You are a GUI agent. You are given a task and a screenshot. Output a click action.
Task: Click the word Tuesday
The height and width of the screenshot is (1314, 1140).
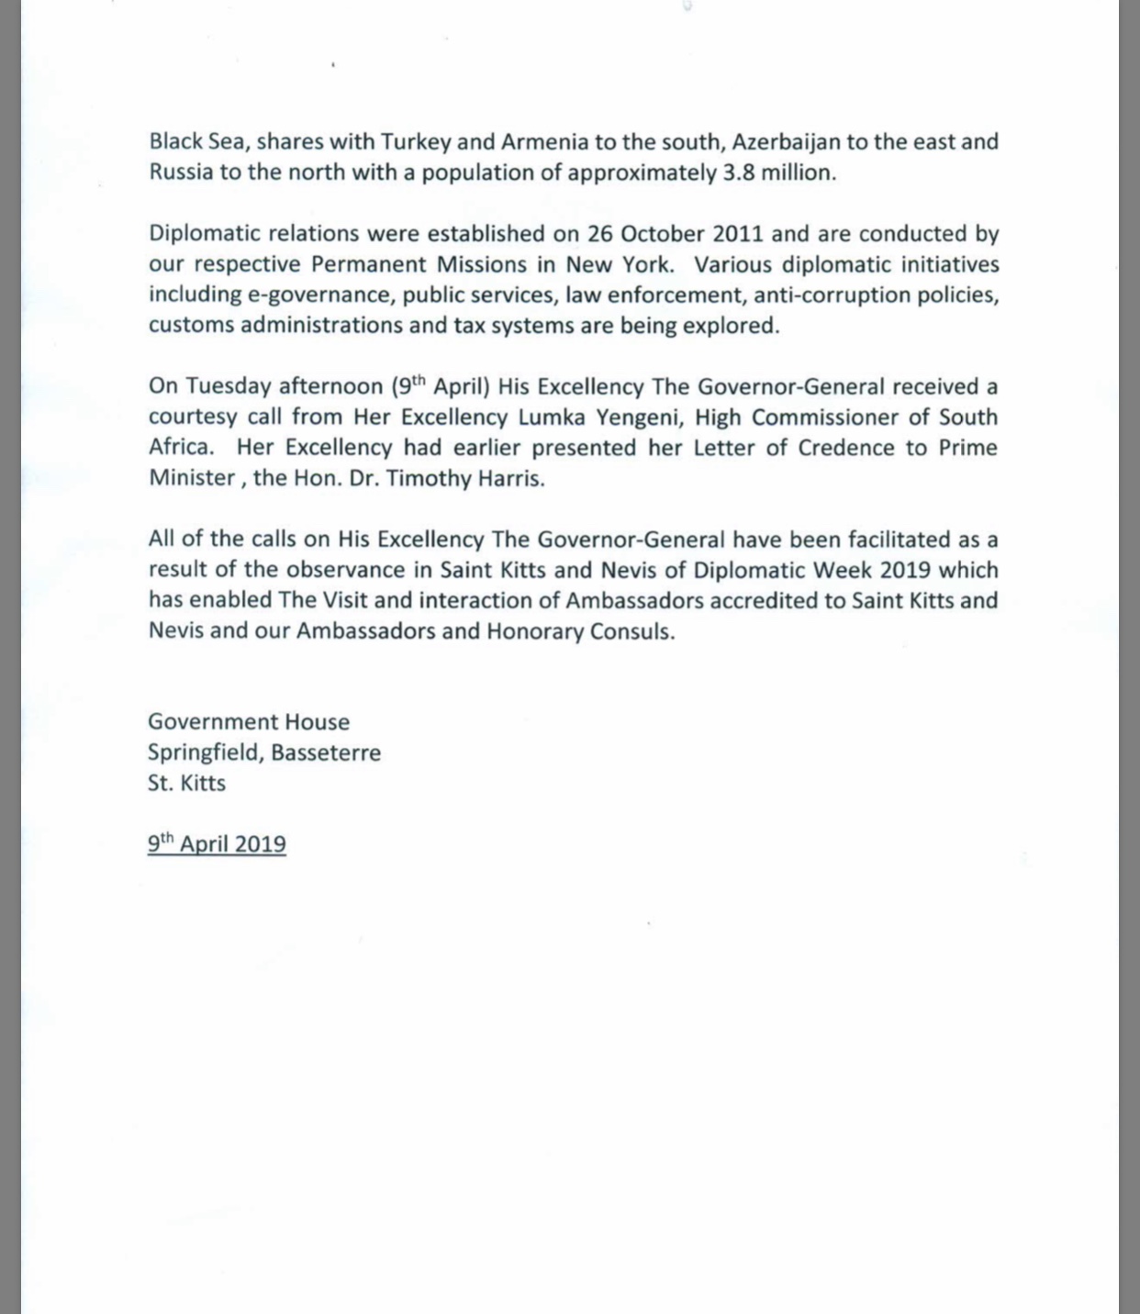(x=229, y=386)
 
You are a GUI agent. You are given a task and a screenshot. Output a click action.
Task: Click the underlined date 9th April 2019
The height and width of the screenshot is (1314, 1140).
(x=217, y=844)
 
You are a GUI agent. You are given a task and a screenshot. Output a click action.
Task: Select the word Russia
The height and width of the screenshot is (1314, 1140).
(x=181, y=173)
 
